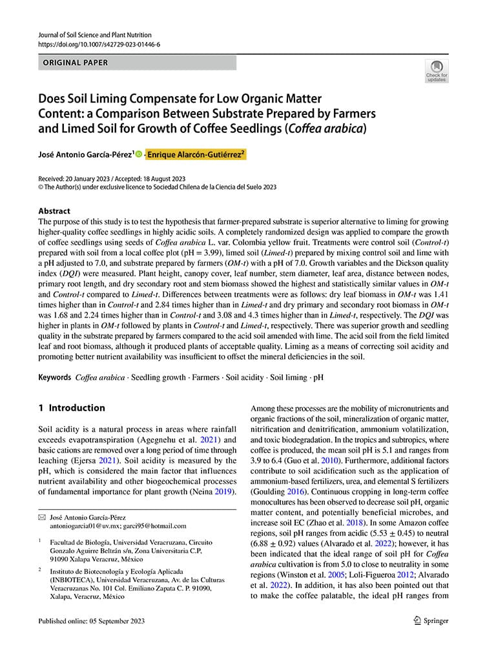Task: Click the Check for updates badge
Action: pyautogui.click(x=436, y=70)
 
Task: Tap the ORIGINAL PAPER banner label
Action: pyautogui.click(x=76, y=63)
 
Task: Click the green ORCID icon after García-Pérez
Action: pyautogui.click(x=139, y=155)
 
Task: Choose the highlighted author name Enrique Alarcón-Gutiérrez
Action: pyautogui.click(x=196, y=155)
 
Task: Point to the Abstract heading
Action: pyautogui.click(x=54, y=211)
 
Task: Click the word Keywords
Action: pyautogui.click(x=54, y=377)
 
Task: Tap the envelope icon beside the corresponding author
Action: pyautogui.click(x=42, y=517)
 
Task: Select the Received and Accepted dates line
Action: pyautogui.click(x=112, y=178)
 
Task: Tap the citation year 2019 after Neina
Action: pyautogui.click(x=224, y=491)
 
